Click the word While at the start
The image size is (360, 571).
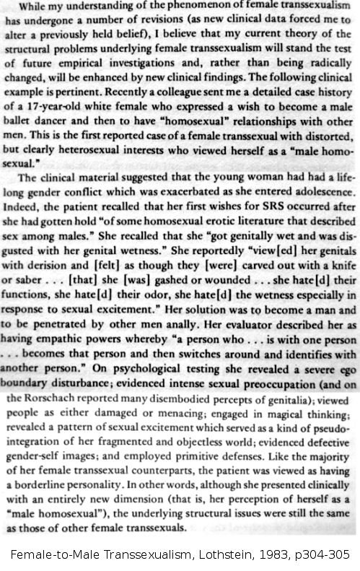pos(33,7)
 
